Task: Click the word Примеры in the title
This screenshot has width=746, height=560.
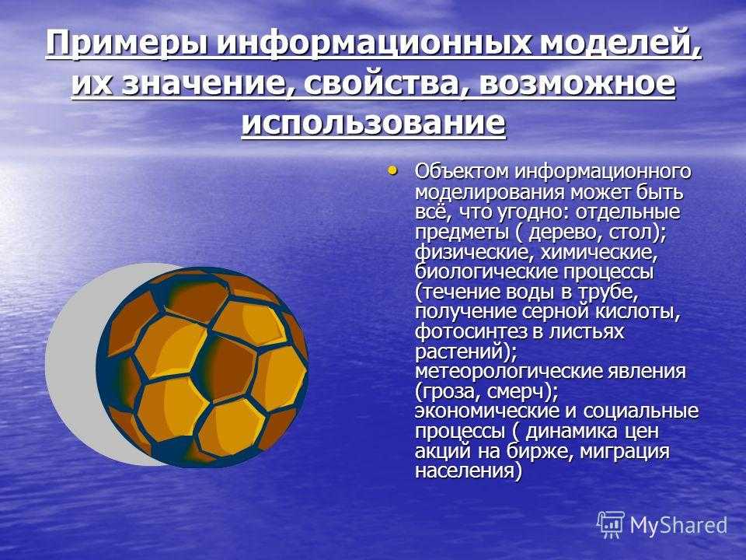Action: tap(127, 44)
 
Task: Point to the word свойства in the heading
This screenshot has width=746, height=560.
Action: tap(386, 84)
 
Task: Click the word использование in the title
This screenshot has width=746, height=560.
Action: tap(373, 123)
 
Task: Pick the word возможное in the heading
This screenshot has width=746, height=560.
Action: tap(577, 84)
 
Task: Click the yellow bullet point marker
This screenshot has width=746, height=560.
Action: tap(392, 170)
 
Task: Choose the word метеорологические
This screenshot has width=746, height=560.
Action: tap(508, 372)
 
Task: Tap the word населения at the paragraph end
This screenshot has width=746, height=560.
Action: tap(465, 471)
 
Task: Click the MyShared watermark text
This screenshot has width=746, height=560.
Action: tap(678, 526)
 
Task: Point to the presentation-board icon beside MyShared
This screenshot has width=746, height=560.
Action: tap(611, 525)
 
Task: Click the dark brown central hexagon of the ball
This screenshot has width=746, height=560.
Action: tap(228, 368)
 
